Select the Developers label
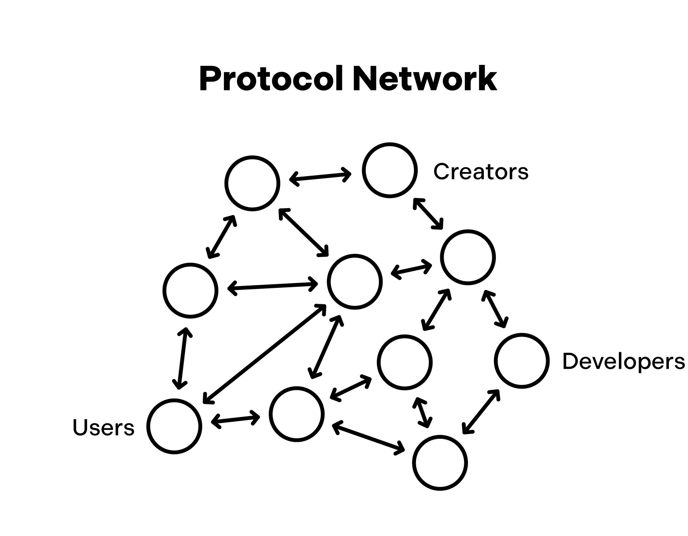coord(623,361)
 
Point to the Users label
coord(103,428)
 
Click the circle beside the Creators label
coord(390,170)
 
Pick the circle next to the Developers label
coord(521,360)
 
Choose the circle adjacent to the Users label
coord(174,426)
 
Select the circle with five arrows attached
coord(354,281)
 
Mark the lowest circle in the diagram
coord(440,463)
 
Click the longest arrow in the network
coord(264,354)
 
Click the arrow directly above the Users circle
coord(182,358)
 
